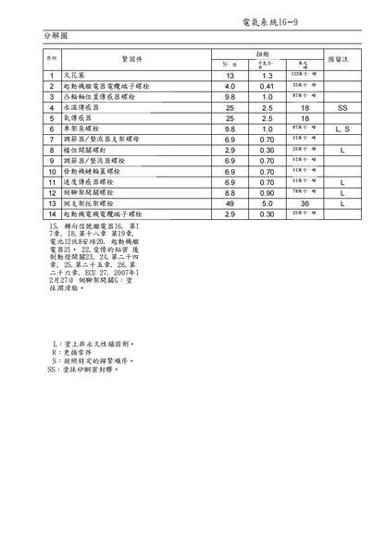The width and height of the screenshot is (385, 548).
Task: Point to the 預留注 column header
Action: click(342, 58)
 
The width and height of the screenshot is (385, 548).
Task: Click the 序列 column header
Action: click(52, 58)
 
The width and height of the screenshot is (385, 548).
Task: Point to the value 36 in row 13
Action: click(304, 203)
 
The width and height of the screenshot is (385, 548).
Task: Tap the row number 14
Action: click(52, 214)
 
